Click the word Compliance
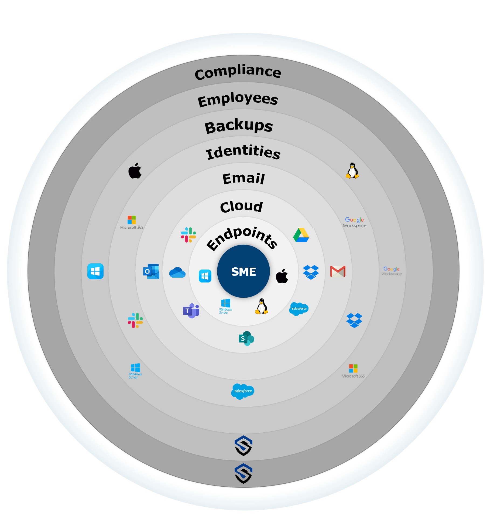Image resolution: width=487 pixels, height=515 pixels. tap(238, 72)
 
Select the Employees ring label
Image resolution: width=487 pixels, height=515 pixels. tap(238, 99)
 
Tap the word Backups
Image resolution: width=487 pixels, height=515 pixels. tap(239, 126)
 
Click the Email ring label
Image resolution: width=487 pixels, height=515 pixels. tap(244, 179)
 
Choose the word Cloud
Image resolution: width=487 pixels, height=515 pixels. tap(241, 207)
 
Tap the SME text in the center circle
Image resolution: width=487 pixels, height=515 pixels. tap(244, 272)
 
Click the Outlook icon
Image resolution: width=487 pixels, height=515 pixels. tap(151, 271)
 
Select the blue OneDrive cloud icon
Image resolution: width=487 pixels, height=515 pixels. tap(177, 272)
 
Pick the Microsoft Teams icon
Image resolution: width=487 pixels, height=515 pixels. tap(191, 311)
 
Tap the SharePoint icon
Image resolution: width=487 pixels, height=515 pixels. tap(246, 338)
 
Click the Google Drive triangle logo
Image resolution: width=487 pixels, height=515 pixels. tap(301, 235)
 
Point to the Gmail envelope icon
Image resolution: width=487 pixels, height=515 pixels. tap(338, 271)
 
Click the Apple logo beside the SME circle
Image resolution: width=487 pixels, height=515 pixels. tap(282, 276)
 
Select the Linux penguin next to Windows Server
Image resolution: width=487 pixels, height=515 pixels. tap(262, 307)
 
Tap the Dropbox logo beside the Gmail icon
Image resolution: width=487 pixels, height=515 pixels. tap(311, 272)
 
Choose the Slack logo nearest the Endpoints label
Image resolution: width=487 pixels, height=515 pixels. tap(188, 235)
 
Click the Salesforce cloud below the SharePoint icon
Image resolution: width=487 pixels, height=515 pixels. tap(243, 391)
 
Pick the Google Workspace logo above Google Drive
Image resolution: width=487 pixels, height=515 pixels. tap(354, 222)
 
